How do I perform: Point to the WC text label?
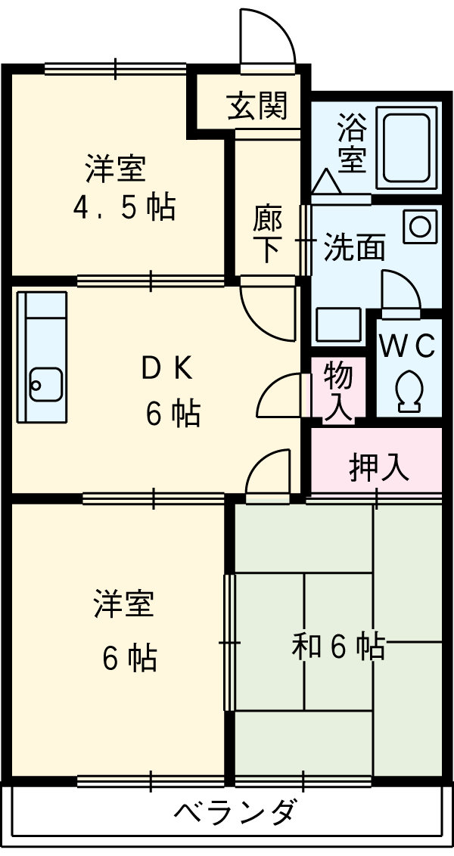click(407, 346)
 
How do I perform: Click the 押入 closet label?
click(379, 467)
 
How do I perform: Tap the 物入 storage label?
click(338, 390)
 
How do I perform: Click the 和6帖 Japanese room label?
click(338, 646)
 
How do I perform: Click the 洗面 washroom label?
click(353, 247)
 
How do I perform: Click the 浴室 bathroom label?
click(352, 144)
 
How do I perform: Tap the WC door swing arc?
click(401, 291)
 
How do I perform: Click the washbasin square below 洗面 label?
click(331, 325)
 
